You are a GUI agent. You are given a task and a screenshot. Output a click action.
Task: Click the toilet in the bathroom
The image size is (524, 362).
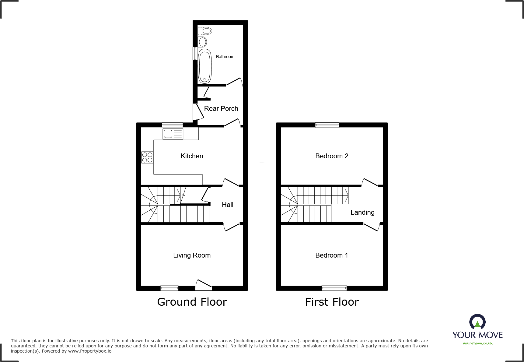(x=205, y=31)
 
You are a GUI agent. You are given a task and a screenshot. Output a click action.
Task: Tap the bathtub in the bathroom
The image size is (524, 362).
(x=205, y=66)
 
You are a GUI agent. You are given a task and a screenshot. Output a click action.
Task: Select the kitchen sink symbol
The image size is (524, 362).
(x=173, y=134)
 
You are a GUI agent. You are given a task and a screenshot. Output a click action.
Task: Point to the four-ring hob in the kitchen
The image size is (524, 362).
(x=147, y=157)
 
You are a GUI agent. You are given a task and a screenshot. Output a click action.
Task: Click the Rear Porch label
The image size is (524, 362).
(x=221, y=109)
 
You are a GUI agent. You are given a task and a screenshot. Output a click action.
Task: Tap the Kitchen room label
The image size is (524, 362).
(x=192, y=156)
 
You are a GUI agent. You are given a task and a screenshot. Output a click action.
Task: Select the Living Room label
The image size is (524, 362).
(x=192, y=255)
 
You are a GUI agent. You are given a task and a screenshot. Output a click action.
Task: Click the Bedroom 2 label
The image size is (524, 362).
(x=332, y=156)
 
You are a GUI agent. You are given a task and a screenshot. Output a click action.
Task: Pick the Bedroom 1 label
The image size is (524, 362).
(x=332, y=255)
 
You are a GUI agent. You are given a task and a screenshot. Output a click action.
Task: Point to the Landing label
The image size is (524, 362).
(x=362, y=213)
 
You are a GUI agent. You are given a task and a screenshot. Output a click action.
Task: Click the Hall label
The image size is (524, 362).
(x=227, y=205)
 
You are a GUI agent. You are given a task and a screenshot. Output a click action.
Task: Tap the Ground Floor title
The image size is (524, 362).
(x=192, y=302)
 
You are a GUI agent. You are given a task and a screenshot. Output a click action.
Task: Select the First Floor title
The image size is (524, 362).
(x=332, y=302)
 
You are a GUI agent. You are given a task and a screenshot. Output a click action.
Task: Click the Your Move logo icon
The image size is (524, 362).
(x=477, y=322)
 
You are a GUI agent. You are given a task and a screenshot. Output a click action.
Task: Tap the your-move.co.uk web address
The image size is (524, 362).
(x=477, y=343)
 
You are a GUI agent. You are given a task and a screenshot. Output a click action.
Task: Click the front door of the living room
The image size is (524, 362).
(x=203, y=284)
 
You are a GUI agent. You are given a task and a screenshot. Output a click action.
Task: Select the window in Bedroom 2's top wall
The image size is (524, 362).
(x=327, y=125)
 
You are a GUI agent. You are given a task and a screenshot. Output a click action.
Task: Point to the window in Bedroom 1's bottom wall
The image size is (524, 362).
(x=334, y=288)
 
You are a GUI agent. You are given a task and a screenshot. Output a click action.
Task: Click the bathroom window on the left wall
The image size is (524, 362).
(x=195, y=54)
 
